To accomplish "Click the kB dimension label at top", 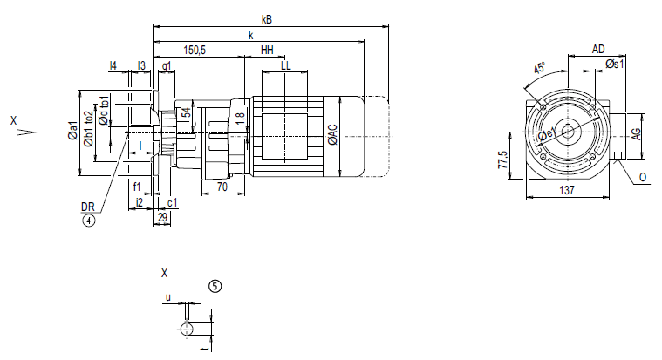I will pos(266,18).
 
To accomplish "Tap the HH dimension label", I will pos(267,51).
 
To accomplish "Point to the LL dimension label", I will pos(285,65).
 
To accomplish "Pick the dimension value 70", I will pos(222,187).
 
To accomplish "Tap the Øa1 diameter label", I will pos(72,132).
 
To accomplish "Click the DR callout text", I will pos(87,207).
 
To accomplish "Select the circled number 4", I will pos(88,221).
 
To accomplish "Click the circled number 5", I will pos(215,285).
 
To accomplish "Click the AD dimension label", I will pos(598,49).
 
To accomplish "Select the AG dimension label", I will pos(637,132).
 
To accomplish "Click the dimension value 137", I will pos(566,188).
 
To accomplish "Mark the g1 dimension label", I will pos(166,65).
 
